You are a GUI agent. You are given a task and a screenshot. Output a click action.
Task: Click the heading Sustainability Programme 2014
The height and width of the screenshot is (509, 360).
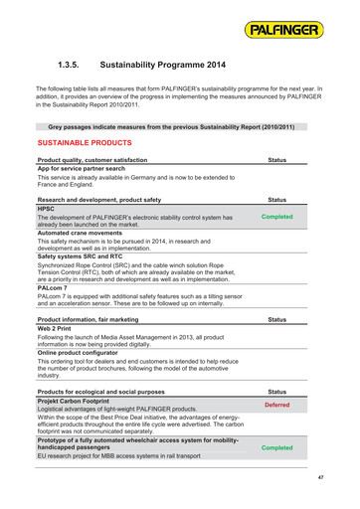pos(163,65)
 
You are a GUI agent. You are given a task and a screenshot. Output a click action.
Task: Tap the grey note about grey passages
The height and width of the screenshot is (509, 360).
pos(171,127)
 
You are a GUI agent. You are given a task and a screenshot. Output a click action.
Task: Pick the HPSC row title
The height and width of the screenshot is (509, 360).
pos(47,209)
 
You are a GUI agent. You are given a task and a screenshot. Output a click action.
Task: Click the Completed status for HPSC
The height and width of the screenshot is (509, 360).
pos(276,217)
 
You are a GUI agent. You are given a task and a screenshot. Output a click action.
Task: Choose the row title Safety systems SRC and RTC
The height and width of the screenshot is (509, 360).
pos(86,256)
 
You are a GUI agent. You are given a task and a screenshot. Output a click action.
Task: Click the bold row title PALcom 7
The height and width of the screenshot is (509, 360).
pos(54,287)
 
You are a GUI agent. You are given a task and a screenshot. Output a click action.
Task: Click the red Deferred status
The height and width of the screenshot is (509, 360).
pos(276,406)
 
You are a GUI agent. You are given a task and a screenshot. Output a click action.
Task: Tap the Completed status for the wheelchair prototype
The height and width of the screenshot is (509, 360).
pos(276,447)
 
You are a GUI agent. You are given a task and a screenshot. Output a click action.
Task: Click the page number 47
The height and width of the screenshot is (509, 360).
pos(321,478)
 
